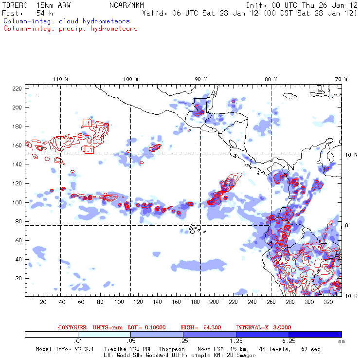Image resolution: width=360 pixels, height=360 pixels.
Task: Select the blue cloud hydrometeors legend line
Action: click(66, 21)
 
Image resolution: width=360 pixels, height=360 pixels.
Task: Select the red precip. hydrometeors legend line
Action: click(70, 29)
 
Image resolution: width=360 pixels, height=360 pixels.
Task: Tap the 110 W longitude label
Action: click(60, 79)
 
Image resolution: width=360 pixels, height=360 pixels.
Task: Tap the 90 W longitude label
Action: click(200, 79)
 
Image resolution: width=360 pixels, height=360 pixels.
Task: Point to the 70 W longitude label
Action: click(342, 79)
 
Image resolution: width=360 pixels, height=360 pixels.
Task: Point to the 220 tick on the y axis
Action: click(18, 89)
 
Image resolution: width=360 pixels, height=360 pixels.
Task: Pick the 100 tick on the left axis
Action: click(18, 202)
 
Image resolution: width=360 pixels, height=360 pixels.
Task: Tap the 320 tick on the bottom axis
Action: click(328, 302)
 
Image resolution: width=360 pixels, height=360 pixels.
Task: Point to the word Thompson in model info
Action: click(171, 349)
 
